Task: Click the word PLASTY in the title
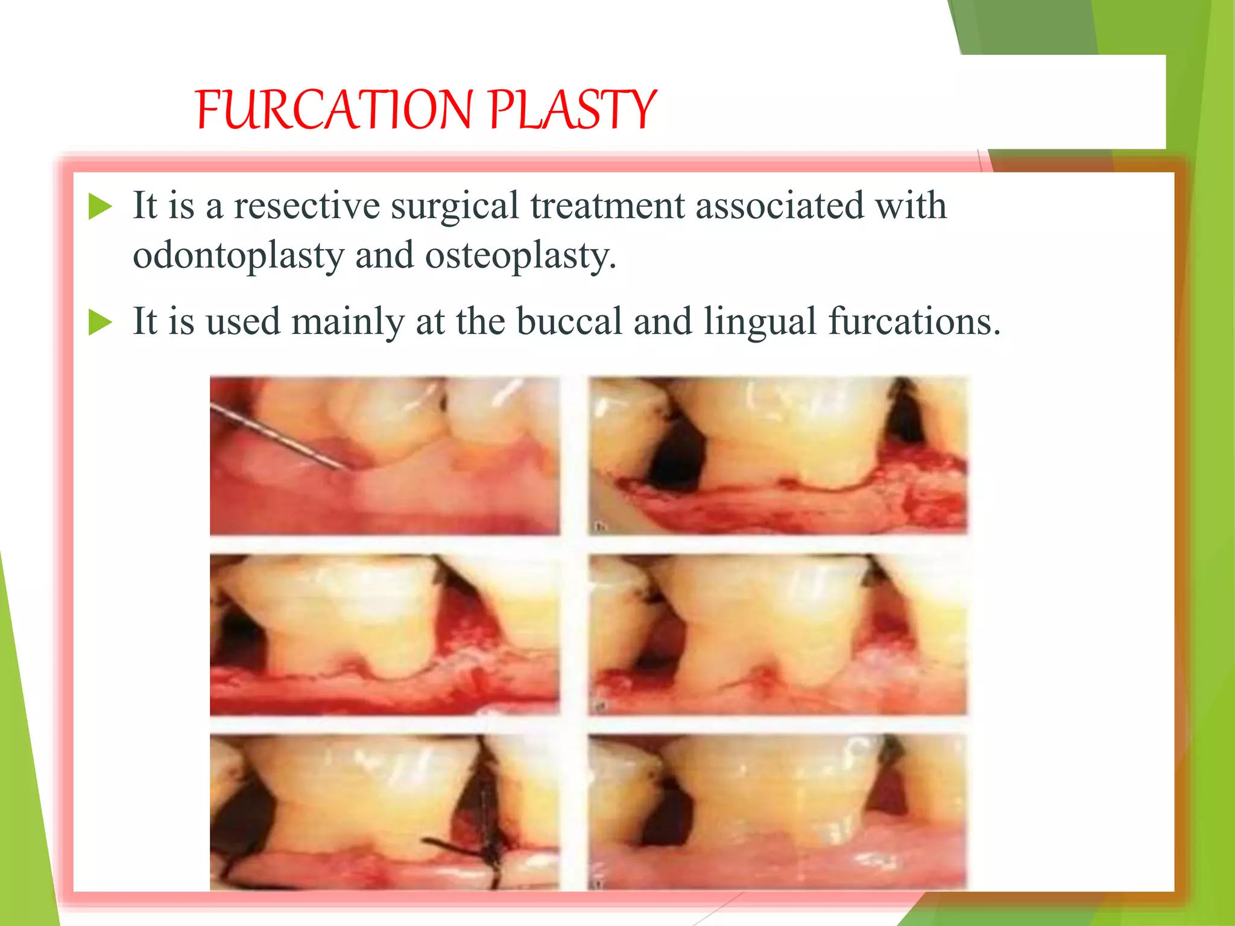click(572, 110)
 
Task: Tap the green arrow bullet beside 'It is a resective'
click(100, 206)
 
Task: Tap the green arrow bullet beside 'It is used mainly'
click(100, 322)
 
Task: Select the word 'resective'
click(306, 206)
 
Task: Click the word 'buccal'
click(569, 322)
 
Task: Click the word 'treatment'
click(607, 206)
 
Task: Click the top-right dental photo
click(778, 455)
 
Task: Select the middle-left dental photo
click(384, 634)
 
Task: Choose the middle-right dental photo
click(778, 634)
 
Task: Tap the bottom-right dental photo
click(778, 811)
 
